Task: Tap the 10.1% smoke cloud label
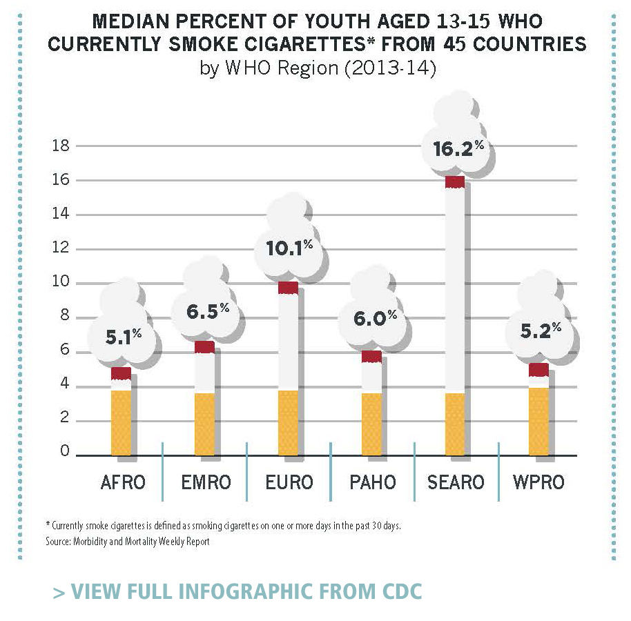289,247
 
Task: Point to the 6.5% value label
207,312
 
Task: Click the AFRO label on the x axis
122,482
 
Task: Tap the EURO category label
289,482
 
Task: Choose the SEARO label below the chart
456,482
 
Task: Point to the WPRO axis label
538,482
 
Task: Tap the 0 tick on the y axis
64,452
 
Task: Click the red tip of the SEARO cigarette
454,182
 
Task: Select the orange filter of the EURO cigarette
288,422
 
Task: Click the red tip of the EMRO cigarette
204,347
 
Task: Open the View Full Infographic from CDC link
237,592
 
